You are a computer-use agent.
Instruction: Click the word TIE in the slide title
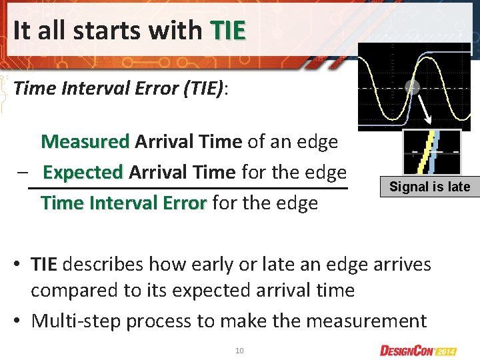pos(228,30)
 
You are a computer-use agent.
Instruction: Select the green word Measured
pos(85,141)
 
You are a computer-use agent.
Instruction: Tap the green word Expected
pos(83,172)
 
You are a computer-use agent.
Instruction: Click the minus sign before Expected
pos(23,172)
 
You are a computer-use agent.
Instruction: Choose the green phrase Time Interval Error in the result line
pos(123,203)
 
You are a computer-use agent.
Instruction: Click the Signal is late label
pos(429,187)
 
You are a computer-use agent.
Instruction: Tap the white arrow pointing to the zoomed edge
pos(421,110)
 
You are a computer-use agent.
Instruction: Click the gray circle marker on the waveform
pos(411,87)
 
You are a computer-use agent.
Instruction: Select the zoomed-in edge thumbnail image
pos(431,151)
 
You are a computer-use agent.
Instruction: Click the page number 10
pos(239,349)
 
